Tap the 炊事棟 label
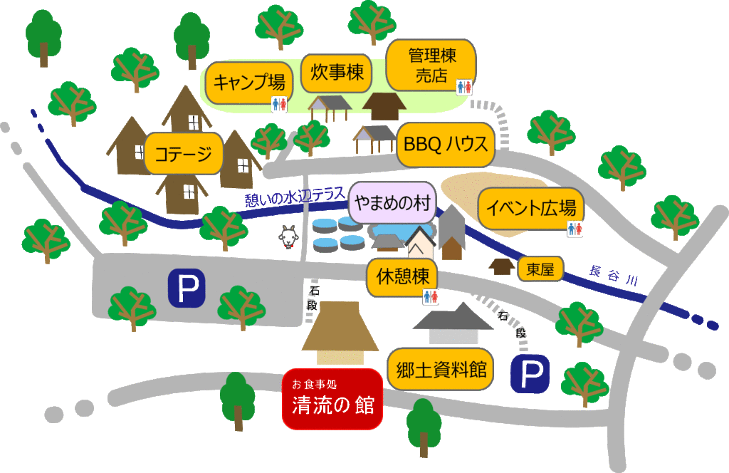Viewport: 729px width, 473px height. coord(337,72)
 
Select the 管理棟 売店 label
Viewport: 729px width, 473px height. coord(431,65)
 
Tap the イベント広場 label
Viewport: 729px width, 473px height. coord(530,209)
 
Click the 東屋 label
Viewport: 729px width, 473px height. coord(540,269)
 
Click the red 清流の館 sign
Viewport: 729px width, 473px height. coord(332,399)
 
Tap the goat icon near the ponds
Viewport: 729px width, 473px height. coord(288,236)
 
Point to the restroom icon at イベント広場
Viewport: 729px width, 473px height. coord(574,229)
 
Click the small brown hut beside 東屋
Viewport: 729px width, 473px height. coord(503,266)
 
